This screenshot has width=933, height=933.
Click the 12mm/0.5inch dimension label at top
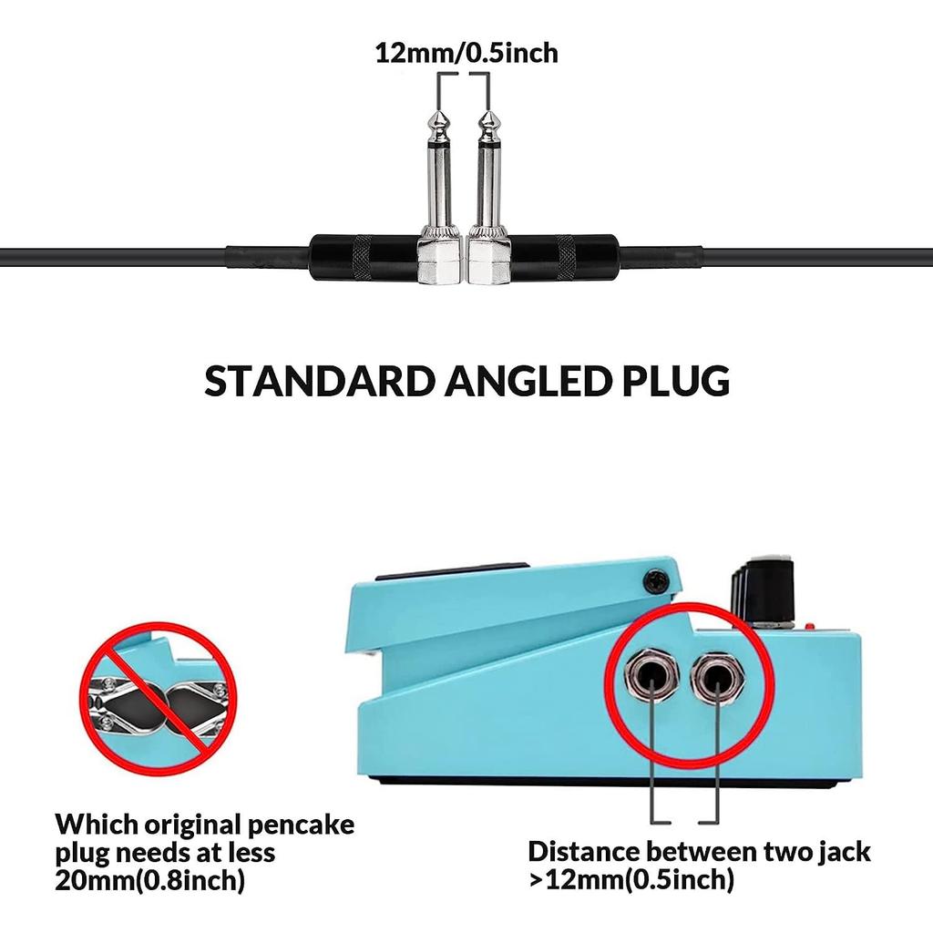tap(466, 53)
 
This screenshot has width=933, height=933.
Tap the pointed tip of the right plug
tap(488, 111)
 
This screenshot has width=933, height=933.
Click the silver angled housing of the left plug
tap(440, 261)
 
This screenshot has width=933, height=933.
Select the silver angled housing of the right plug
tap(489, 261)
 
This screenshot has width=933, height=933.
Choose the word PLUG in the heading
tap(676, 381)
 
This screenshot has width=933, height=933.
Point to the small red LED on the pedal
tap(810, 626)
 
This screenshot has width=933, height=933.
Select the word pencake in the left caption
tap(301, 825)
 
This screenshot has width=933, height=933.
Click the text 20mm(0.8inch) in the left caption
tap(150, 880)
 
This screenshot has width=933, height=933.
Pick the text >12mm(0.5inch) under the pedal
tap(631, 879)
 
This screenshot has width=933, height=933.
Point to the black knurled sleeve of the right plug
tap(565, 258)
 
